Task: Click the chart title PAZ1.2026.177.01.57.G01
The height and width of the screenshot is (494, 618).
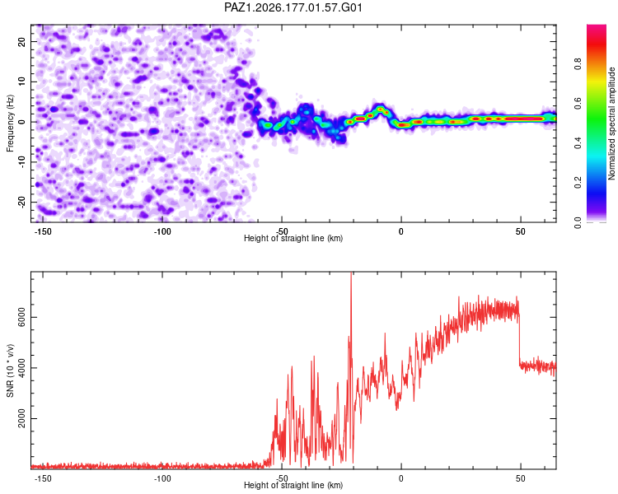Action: (x=293, y=7)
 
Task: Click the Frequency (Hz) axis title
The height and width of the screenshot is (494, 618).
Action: (x=10, y=123)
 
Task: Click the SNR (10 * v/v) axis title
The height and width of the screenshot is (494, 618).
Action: (x=10, y=370)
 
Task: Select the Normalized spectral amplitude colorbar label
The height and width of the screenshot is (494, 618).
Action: (x=611, y=123)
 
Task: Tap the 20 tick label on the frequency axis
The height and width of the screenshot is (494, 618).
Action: (x=21, y=41)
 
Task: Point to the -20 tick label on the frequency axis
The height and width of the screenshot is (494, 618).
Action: (x=21, y=202)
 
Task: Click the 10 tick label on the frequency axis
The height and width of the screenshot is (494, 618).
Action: (x=21, y=82)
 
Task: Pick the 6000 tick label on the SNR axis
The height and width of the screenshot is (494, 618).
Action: (x=21, y=317)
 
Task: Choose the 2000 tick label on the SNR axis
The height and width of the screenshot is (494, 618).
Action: (x=21, y=418)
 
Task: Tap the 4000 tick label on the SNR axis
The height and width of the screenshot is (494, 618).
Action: (x=21, y=368)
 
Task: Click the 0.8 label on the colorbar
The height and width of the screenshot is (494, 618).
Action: (x=578, y=63)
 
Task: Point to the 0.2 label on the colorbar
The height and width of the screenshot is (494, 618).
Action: (x=578, y=183)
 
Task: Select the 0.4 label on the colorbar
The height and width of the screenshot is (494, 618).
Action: (x=578, y=142)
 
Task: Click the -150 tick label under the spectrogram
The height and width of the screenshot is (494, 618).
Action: (x=43, y=231)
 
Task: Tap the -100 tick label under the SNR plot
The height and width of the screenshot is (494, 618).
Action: (x=162, y=478)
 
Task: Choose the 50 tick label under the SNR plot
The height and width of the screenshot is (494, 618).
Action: (x=520, y=478)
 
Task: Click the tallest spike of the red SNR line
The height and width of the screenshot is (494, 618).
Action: (x=351, y=273)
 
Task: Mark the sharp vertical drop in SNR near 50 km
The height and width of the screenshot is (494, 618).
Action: (x=519, y=338)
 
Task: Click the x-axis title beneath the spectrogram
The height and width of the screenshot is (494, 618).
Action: (x=293, y=238)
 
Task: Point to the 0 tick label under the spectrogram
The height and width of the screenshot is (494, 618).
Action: (x=400, y=231)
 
